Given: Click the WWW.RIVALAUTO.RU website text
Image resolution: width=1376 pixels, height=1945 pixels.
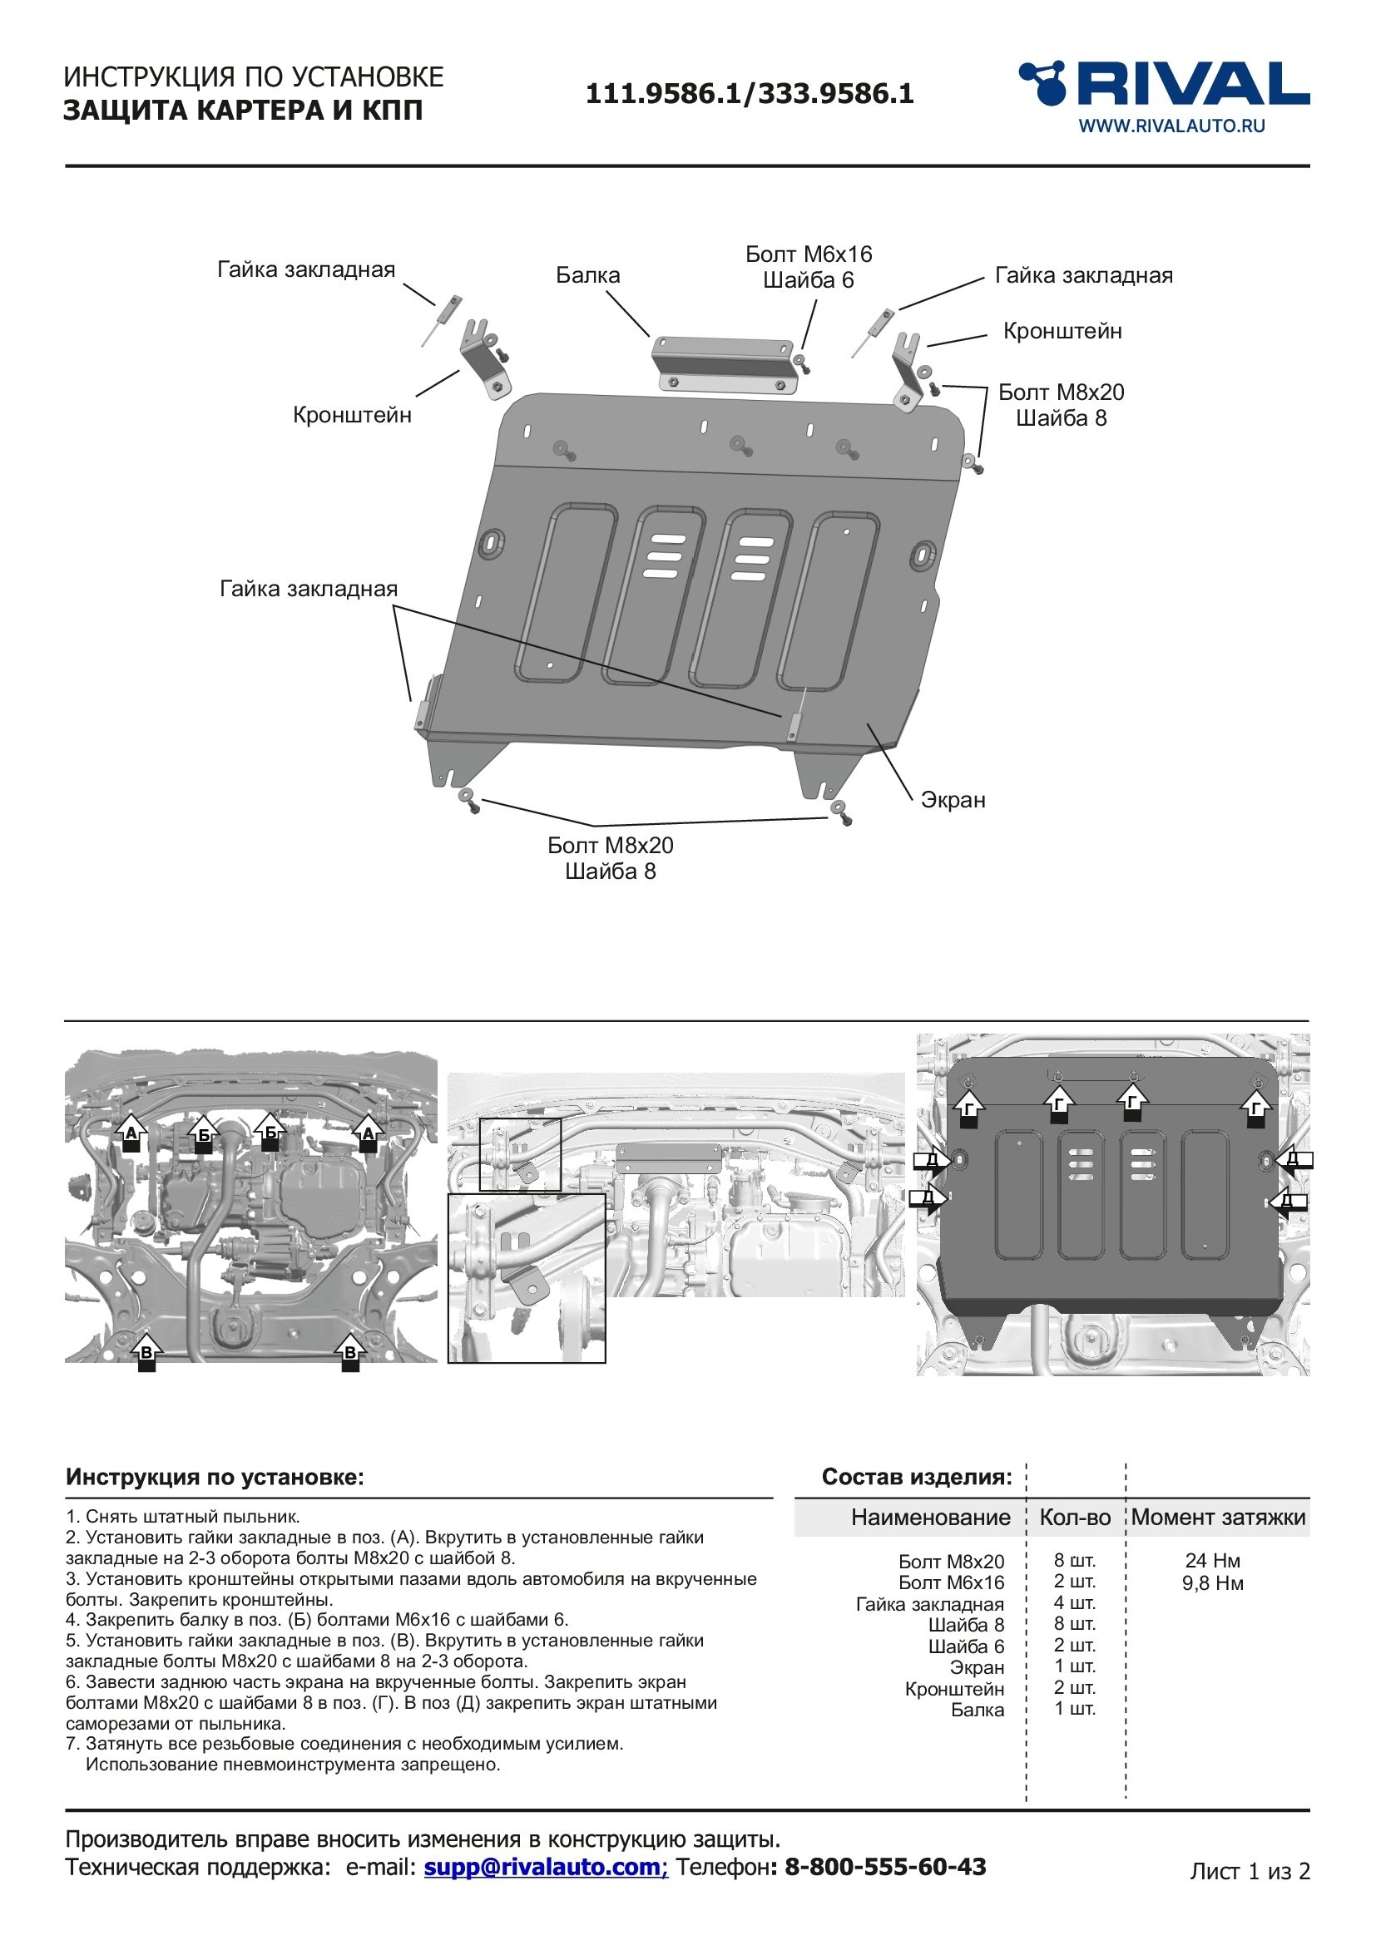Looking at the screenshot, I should pos(1171,126).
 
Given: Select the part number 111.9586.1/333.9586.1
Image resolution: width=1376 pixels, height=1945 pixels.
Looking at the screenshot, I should pos(749,94).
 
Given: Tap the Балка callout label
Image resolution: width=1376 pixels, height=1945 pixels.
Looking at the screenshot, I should pos(587,275).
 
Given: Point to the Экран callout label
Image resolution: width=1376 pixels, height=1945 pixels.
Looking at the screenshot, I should pos(953,800).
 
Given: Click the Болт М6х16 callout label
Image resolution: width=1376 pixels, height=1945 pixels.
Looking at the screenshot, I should pos(808,254).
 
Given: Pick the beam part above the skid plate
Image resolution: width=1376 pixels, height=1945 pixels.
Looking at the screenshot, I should pos(725,364).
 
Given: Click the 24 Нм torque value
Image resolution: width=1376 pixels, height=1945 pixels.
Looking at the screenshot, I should pos(1212,1560).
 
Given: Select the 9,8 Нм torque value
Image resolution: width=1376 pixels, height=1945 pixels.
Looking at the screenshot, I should pos(1212,1583).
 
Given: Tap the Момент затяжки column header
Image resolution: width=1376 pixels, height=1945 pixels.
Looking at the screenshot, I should pos(1218,1518).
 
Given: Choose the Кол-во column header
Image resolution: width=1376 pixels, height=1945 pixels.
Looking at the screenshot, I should pos(1074,1518).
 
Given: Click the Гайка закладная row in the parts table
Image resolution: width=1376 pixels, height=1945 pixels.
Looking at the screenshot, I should pos(929,1604).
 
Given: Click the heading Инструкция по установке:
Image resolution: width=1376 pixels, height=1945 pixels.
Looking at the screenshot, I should pos(215,1478).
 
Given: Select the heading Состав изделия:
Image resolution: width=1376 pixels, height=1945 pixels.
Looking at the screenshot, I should pos(916,1478).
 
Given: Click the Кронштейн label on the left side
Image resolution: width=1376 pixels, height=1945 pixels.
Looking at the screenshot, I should pos(352,415).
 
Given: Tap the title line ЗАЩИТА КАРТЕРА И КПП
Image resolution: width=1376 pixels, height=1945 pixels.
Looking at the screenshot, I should pos(243,111).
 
